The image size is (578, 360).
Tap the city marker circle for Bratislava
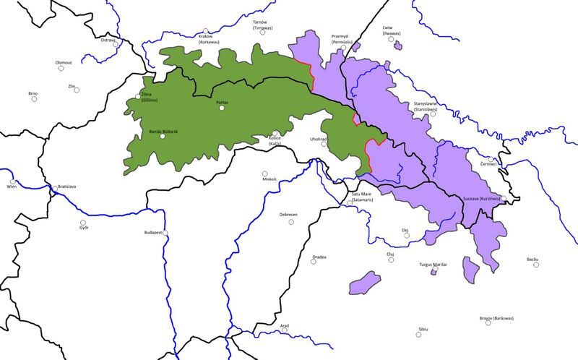tap(55, 189)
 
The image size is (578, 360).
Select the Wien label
tap(11, 187)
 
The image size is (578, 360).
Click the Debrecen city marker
tap(292, 221)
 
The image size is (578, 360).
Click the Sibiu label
tap(423, 329)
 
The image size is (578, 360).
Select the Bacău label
tap(533, 259)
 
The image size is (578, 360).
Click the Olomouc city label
tap(64, 62)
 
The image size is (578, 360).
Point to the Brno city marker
tap(34, 100)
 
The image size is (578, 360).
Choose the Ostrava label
tap(108, 40)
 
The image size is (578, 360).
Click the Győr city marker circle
tap(83, 222)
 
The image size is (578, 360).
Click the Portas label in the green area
tap(222, 103)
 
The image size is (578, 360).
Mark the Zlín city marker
tap(77, 90)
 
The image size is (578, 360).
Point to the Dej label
tap(405, 230)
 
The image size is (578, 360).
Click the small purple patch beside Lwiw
tap(398, 46)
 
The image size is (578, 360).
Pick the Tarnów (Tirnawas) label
tap(260, 25)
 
